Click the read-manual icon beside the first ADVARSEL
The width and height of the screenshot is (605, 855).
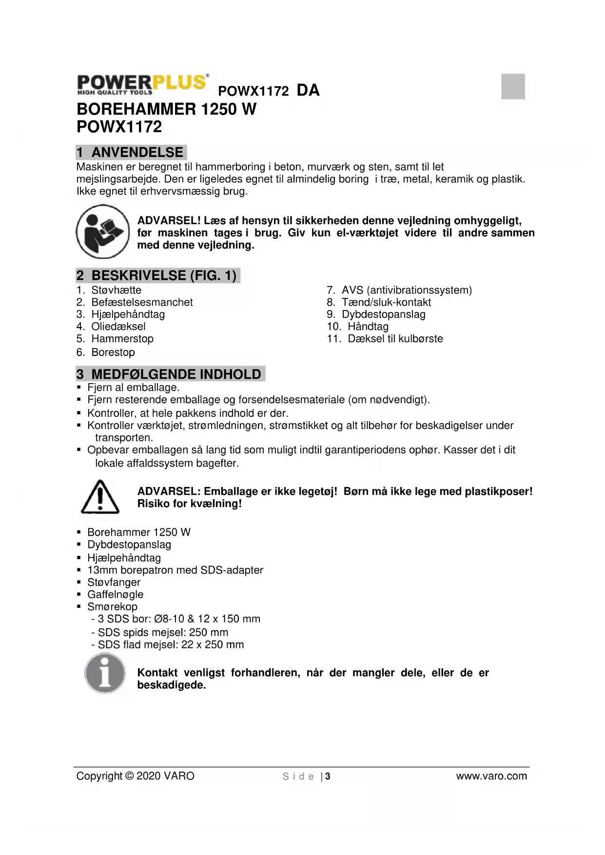coord(102,232)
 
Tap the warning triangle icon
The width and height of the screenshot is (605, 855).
coord(100,497)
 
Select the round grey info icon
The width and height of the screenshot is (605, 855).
coord(105,673)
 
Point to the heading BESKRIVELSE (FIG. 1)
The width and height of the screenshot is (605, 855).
coord(157,275)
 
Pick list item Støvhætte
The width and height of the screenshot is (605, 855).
coord(116,290)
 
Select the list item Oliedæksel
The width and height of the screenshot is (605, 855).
coord(118,327)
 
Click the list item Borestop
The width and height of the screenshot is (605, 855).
coord(113,352)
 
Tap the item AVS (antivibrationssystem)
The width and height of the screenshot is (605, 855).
coord(406,290)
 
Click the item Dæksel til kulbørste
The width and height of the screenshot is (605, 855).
coord(395,339)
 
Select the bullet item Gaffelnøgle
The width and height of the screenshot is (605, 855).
coord(115,594)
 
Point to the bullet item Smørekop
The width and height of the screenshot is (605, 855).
coord(112,606)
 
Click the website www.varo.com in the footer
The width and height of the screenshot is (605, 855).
coord(491,776)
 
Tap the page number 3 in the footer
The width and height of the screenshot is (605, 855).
coord(328,777)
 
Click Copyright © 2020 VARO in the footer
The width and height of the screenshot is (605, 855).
coord(135,776)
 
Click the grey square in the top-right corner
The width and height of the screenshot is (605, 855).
coord(513,86)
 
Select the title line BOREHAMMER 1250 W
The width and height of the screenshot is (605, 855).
coord(166,109)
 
